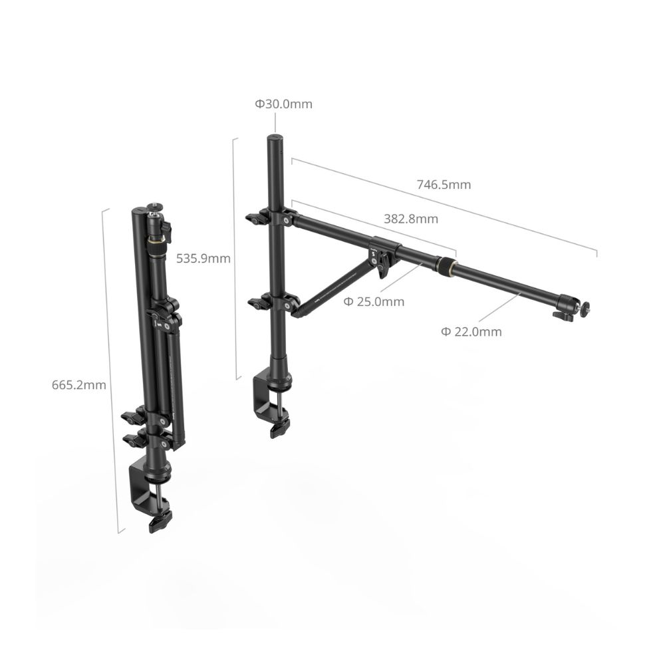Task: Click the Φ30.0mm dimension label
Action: [283, 104]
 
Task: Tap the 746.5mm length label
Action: [444, 185]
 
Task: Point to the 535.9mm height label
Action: [203, 259]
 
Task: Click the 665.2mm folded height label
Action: [78, 384]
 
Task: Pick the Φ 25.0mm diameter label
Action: [374, 302]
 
